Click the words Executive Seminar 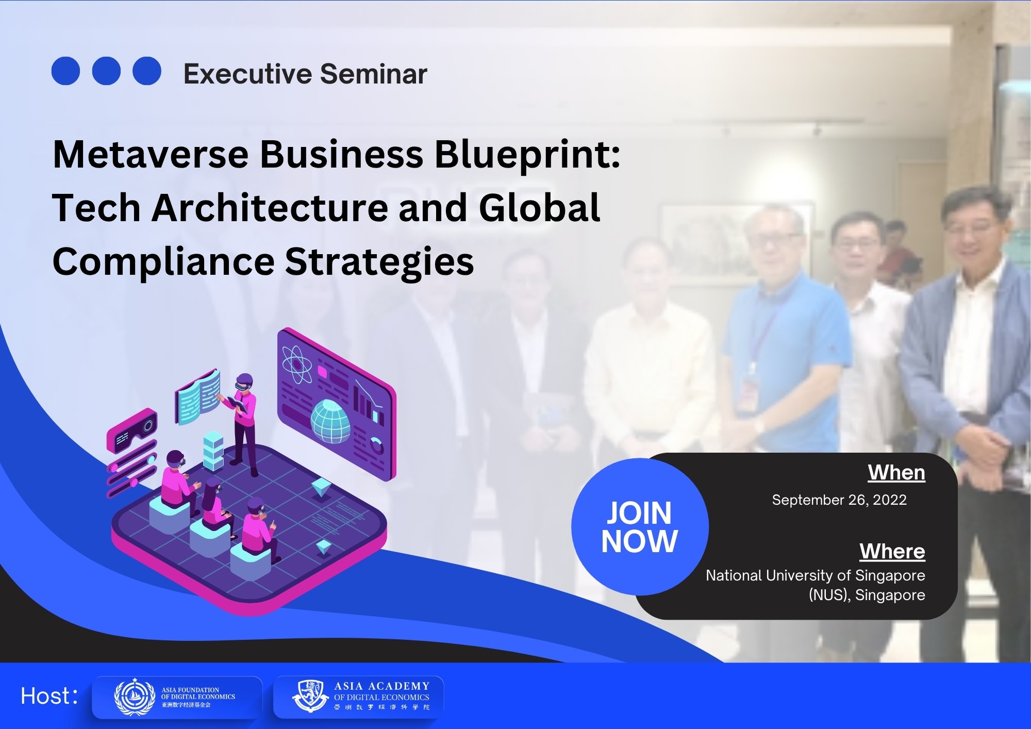click(x=305, y=74)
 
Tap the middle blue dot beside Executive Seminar click(x=106, y=71)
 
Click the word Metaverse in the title click(x=151, y=154)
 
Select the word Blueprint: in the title click(x=527, y=154)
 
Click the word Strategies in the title click(x=379, y=261)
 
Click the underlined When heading click(x=896, y=472)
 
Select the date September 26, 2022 click(x=839, y=500)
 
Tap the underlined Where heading click(x=892, y=551)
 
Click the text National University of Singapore click(x=815, y=575)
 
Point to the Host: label click(x=49, y=696)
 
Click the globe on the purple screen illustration click(x=330, y=421)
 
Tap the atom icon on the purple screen click(x=297, y=364)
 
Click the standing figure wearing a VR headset click(x=244, y=418)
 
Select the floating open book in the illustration click(x=198, y=397)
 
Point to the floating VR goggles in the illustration click(x=132, y=429)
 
